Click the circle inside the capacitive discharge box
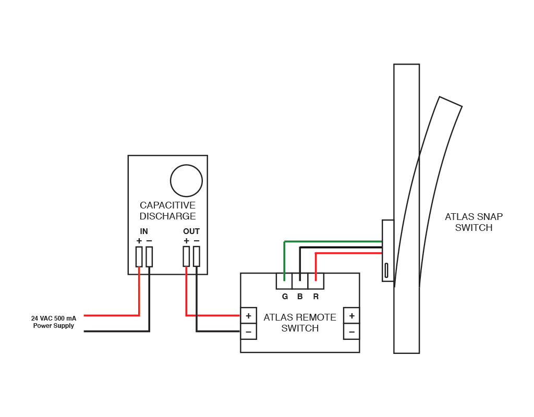click(x=186, y=181)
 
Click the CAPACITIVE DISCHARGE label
click(x=167, y=211)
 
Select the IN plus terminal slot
click(x=139, y=256)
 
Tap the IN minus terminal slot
click(x=149, y=256)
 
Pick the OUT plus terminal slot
click(x=186, y=256)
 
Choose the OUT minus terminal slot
click(x=197, y=256)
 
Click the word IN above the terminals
click(x=144, y=231)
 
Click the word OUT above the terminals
click(x=191, y=231)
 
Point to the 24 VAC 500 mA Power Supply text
click(x=53, y=322)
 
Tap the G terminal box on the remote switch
click(x=284, y=281)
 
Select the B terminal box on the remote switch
click(x=300, y=281)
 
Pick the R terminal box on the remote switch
click(x=315, y=281)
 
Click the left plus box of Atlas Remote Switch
click(x=248, y=315)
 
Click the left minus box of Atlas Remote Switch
click(x=248, y=332)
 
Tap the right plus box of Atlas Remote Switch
click(x=351, y=315)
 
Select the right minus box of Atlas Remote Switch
click(x=351, y=332)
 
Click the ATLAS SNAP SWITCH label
click(x=474, y=222)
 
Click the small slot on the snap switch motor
click(x=386, y=270)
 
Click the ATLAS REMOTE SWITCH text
click(x=300, y=323)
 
